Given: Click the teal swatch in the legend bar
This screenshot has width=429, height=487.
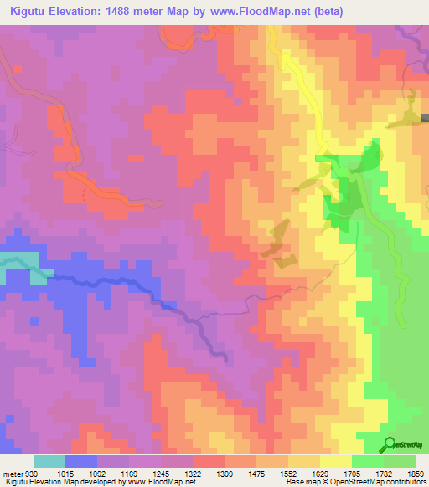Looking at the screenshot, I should (49, 462).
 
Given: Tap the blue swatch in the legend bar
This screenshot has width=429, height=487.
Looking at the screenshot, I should (81, 462).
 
